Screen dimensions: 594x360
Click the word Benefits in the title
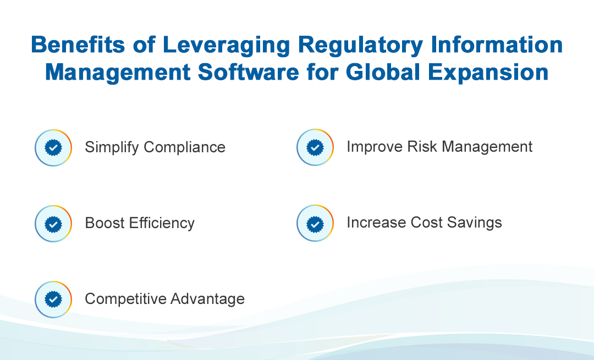[x=78, y=45]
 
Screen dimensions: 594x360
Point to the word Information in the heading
[x=497, y=45]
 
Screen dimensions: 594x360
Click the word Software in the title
[x=249, y=72]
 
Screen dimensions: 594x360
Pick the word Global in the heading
[x=383, y=72]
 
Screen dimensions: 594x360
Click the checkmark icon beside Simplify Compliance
[x=53, y=148]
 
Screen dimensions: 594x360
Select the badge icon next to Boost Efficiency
[x=53, y=224]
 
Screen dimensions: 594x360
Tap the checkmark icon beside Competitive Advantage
[x=53, y=300]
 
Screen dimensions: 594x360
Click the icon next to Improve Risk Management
[x=315, y=147]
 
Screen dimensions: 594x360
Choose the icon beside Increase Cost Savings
[x=315, y=223]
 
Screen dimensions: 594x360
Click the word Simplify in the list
[x=112, y=148]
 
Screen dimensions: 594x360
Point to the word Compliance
[x=184, y=148]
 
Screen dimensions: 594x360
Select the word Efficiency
[x=162, y=224]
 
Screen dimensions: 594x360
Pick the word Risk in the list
[x=422, y=147]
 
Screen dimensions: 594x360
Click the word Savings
[x=474, y=223]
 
